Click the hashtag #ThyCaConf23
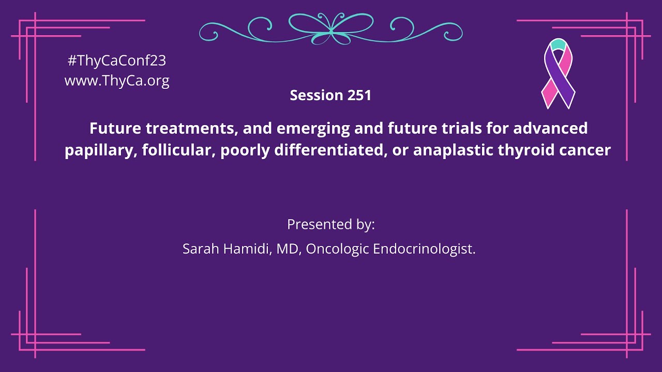[117, 60]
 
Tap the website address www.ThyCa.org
[117, 81]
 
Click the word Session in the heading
[316, 96]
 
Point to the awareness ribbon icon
[558, 73]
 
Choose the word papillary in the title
[97, 151]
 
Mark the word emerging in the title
[307, 128]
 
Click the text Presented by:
[331, 225]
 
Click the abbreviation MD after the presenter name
[288, 249]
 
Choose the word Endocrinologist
[424, 249]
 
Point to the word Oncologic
[337, 249]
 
